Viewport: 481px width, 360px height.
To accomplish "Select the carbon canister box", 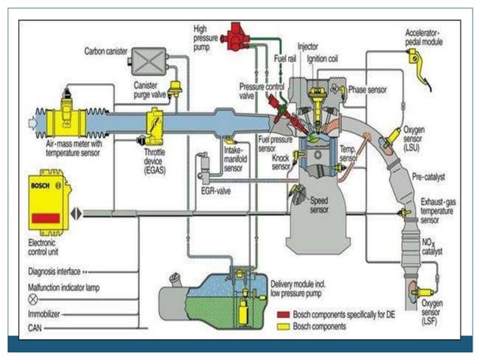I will tap(149, 58).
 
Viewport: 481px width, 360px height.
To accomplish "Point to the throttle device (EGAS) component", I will tap(155, 124).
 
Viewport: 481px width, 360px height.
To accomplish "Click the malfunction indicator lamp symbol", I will tap(32, 298).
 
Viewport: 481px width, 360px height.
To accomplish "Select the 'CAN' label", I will tap(35, 326).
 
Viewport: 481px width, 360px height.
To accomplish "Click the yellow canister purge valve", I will tap(176, 90).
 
